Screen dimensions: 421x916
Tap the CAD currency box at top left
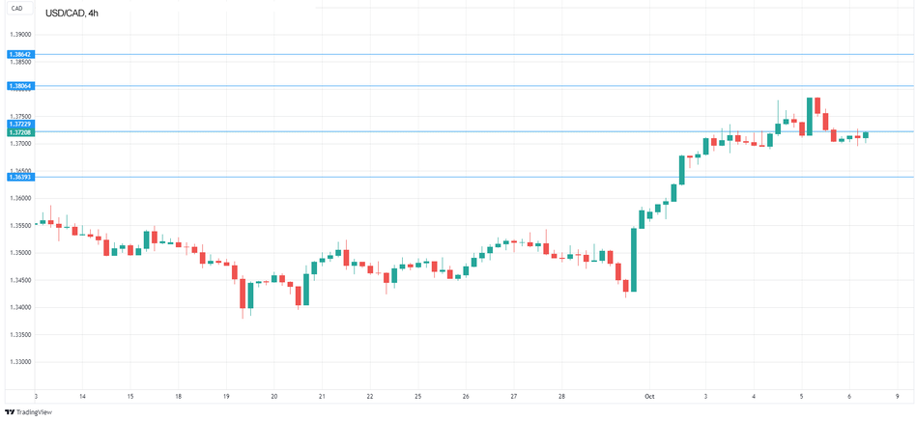(x=17, y=9)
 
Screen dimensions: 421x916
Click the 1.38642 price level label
(x=20, y=54)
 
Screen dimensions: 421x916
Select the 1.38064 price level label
(x=20, y=86)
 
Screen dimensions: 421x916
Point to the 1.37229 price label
(x=20, y=124)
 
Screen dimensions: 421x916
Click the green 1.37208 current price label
(x=20, y=131)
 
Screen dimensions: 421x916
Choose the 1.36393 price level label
(x=20, y=177)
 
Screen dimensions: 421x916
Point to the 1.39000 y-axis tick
(x=20, y=33)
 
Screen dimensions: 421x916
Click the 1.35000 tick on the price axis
(x=20, y=253)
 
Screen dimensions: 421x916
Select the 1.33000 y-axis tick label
(x=20, y=362)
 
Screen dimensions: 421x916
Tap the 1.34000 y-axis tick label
(x=20, y=307)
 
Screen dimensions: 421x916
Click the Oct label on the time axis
(x=649, y=396)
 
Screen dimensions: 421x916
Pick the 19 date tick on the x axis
(x=226, y=396)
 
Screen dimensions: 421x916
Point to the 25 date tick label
(x=417, y=396)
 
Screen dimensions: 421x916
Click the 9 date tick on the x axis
(x=897, y=396)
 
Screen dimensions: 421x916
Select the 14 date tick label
(x=82, y=396)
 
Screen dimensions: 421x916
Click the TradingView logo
(x=29, y=411)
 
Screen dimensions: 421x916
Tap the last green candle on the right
(x=867, y=135)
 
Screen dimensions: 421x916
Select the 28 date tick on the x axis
(x=561, y=396)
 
